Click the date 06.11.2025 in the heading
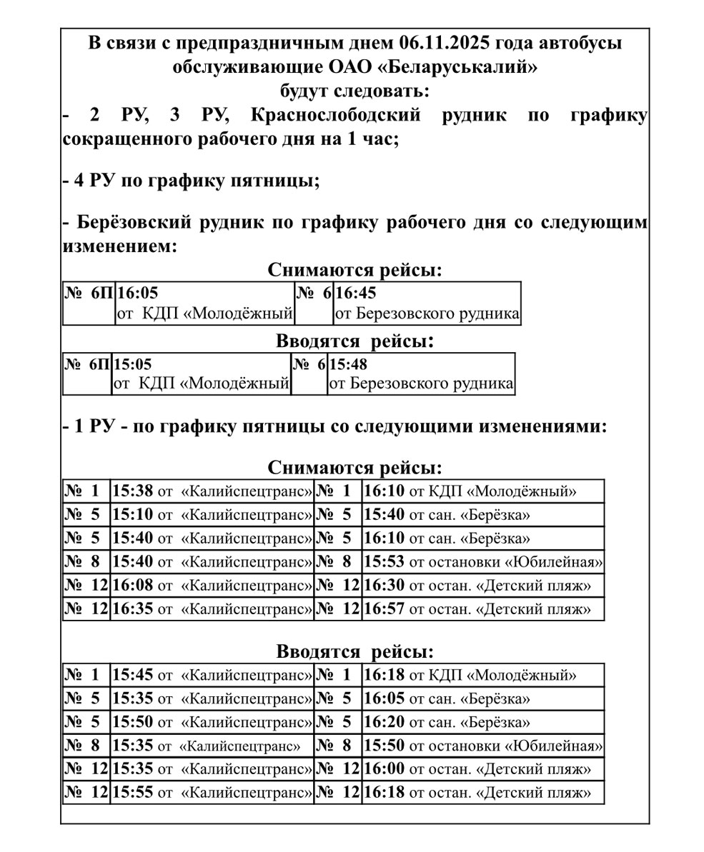click(x=443, y=43)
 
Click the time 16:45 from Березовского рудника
click(x=356, y=293)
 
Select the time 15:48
click(x=348, y=364)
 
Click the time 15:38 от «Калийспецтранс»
click(x=132, y=491)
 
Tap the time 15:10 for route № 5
click(x=132, y=515)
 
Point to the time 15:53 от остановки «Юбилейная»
click(x=384, y=562)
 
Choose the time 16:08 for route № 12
click(x=132, y=586)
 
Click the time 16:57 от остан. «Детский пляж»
click(x=384, y=609)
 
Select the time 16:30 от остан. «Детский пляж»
click(x=384, y=586)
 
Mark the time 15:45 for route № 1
click(x=132, y=675)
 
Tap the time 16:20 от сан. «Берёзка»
click(x=384, y=722)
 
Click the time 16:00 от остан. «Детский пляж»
click(x=384, y=769)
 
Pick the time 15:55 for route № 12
click(x=132, y=793)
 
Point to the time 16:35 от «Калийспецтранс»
click(x=132, y=609)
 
